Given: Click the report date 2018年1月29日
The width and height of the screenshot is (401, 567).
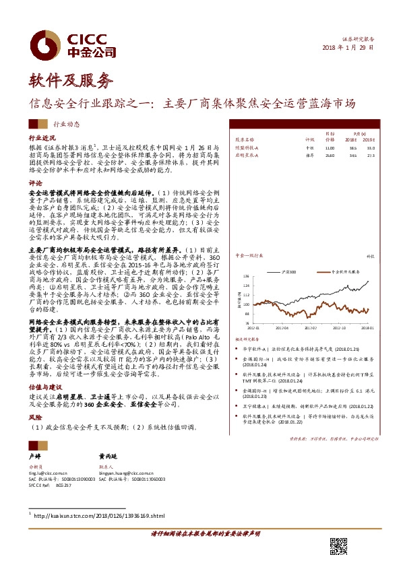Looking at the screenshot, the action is [x=348, y=48].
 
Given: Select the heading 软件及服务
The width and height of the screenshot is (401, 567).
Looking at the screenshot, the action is [x=69, y=82].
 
